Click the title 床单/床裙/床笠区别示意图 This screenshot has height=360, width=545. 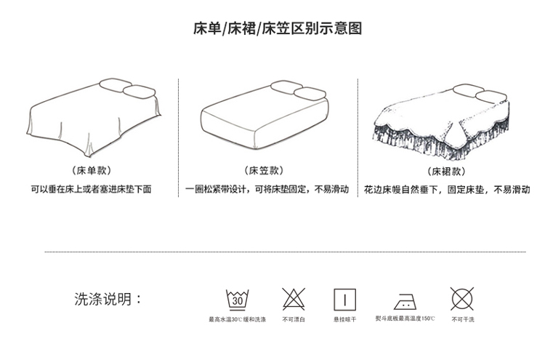tap(277, 29)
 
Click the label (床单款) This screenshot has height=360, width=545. tap(92, 172)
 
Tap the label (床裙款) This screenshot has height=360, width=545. tap(445, 172)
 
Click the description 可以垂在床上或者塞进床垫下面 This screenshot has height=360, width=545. tap(93, 190)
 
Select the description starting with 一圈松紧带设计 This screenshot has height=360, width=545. tap(267, 190)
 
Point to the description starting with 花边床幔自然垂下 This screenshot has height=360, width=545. tap(447, 190)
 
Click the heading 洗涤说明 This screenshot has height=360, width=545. tap(108, 300)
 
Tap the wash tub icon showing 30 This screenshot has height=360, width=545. tap(237, 299)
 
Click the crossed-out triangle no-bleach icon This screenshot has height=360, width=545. tap(293, 299)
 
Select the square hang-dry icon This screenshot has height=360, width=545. tap(344, 300)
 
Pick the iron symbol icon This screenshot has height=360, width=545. tap(404, 300)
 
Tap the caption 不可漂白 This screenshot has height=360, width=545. tap(294, 320)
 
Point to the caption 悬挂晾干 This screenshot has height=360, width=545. tap(344, 320)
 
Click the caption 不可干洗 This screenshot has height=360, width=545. tap(462, 320)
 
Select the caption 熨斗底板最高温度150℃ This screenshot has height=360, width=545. tap(405, 319)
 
